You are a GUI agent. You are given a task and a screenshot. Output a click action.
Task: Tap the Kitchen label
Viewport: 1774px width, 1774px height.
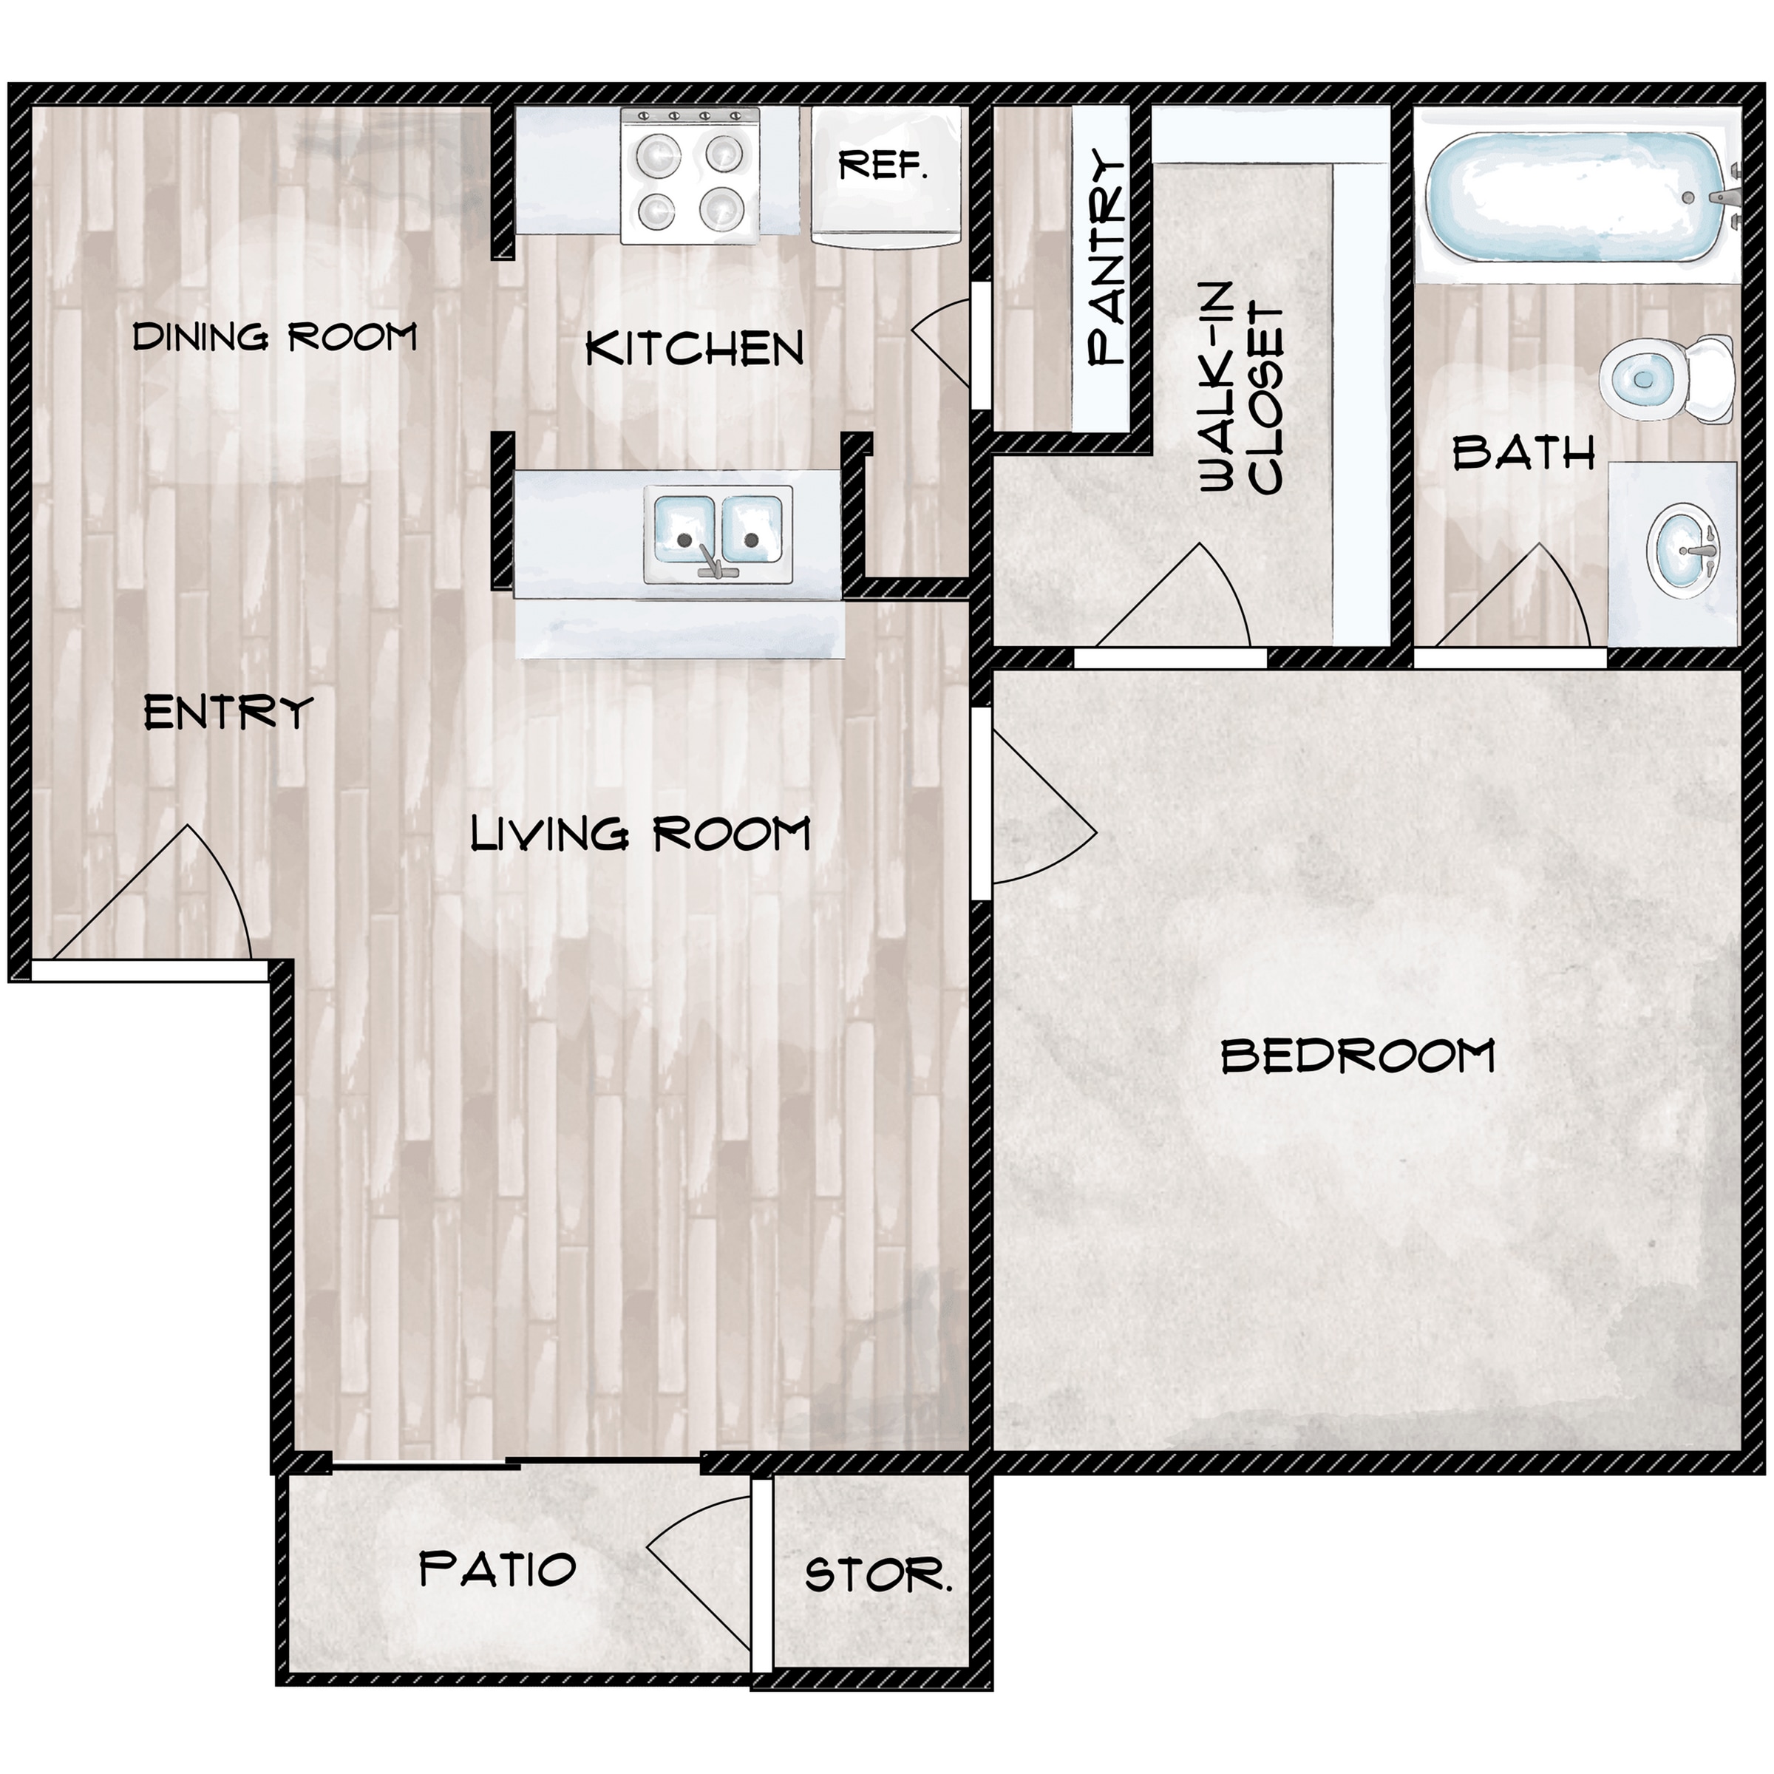coord(694,348)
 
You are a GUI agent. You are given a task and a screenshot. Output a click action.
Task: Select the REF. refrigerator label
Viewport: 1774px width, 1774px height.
coord(883,166)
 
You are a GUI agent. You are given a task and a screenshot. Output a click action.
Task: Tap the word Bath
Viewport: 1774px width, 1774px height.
coord(1524,454)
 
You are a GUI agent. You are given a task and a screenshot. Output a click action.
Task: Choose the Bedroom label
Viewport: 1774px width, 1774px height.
coord(1358,1056)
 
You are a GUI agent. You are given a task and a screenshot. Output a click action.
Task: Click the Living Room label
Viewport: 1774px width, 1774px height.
coord(640,834)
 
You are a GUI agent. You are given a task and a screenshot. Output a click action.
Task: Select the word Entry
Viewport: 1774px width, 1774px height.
coord(228,713)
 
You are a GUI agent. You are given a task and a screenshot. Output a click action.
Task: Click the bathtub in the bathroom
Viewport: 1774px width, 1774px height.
coord(1577,196)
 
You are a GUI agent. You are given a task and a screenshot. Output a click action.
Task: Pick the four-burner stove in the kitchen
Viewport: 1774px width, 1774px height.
coord(690,175)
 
